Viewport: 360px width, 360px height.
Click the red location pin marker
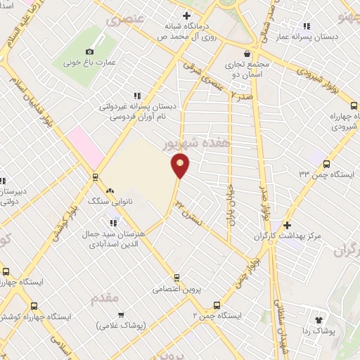[181, 165]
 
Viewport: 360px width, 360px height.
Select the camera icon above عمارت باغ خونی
[89, 51]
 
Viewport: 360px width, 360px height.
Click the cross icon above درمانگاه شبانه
[186, 15]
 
